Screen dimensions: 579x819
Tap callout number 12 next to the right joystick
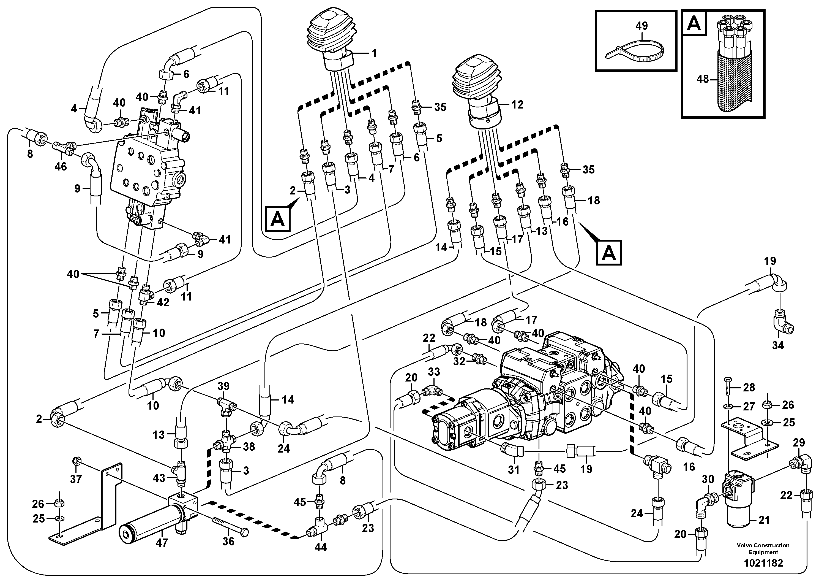(x=517, y=105)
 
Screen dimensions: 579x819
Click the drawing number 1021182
(x=763, y=563)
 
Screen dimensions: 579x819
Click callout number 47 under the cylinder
(x=162, y=543)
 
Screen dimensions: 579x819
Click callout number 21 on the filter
(x=764, y=520)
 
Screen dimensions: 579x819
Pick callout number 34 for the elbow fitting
(x=778, y=345)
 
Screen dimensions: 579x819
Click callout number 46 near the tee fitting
(x=60, y=166)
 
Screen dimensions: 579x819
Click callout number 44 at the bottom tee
(x=320, y=547)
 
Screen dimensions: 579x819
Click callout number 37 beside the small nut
(x=76, y=479)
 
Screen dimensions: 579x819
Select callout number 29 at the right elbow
(x=799, y=443)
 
